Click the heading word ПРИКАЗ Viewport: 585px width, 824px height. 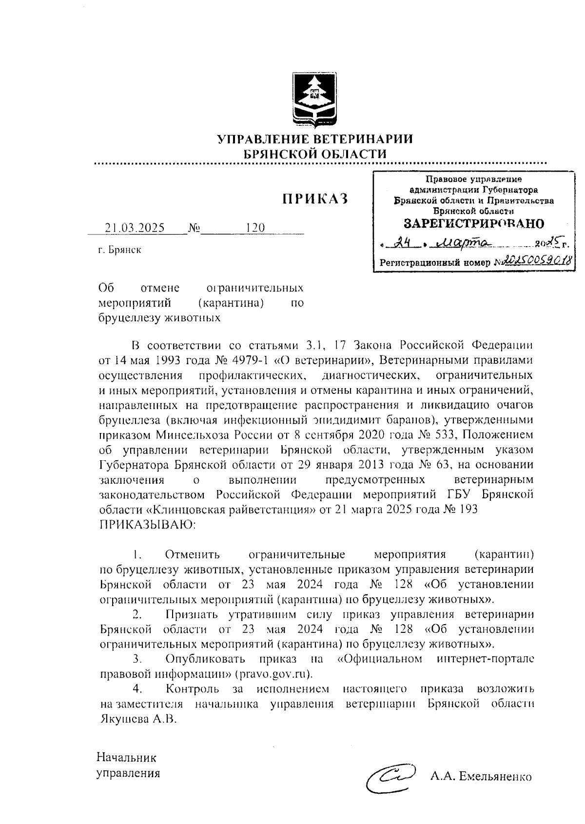pyautogui.click(x=315, y=199)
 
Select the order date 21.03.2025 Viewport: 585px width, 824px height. pyautogui.click(x=135, y=228)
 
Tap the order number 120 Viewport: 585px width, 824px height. pyautogui.click(x=255, y=228)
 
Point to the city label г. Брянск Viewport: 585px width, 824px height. pyautogui.click(x=119, y=251)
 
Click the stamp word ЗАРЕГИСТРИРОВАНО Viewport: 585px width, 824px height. pyautogui.click(x=474, y=224)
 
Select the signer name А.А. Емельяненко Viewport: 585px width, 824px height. pyautogui.click(x=480, y=777)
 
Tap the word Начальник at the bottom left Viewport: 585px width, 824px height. pyautogui.click(x=127, y=758)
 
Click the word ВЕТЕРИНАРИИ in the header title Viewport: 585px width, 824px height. pyautogui.click(x=358, y=139)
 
